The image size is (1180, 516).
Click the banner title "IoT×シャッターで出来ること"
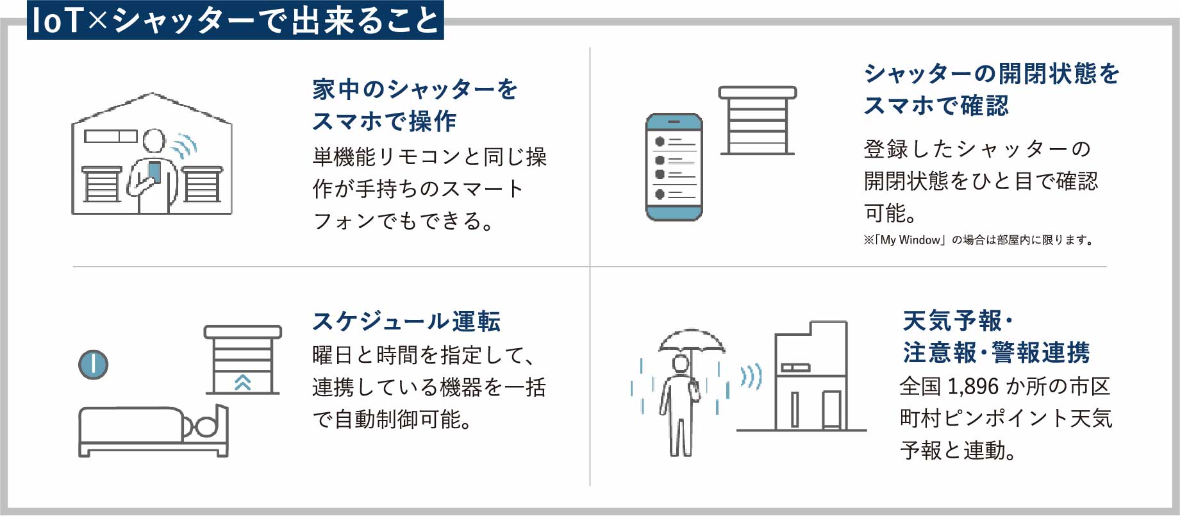(235, 20)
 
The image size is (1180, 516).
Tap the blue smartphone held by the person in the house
(154, 172)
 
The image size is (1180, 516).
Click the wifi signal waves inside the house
(185, 146)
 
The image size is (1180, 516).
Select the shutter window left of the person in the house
(101, 184)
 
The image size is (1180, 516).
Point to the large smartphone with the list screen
(674, 167)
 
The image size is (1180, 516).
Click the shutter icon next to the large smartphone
(757, 121)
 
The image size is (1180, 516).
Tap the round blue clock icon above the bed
(93, 365)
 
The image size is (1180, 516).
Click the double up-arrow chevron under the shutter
(242, 382)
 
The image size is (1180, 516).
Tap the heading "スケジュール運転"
(406, 321)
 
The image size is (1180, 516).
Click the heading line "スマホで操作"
(385, 121)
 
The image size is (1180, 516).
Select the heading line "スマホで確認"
(936, 106)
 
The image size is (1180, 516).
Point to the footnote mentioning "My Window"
(978, 240)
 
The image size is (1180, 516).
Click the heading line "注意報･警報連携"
(996, 353)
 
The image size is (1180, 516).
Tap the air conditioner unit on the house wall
(111, 136)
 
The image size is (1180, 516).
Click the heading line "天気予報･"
(958, 320)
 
